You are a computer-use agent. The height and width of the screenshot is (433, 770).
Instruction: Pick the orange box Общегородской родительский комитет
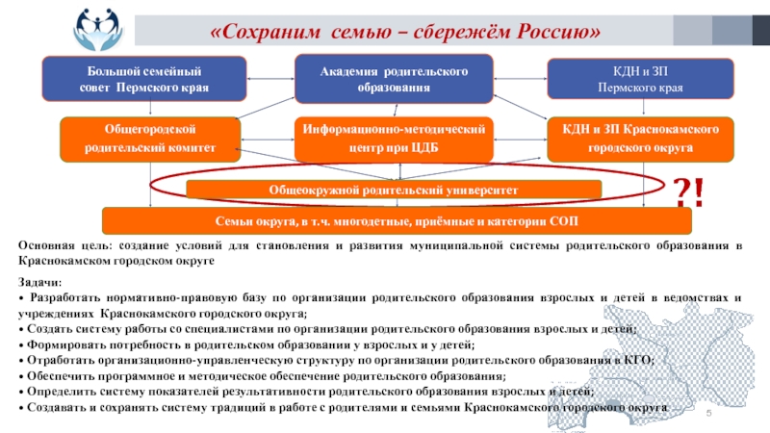[x=148, y=139]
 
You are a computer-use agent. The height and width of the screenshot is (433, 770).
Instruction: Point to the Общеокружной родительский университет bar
[x=393, y=190]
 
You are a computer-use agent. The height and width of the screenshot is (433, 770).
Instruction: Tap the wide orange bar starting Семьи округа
[x=397, y=221]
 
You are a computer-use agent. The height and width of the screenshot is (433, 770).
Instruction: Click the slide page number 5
[x=708, y=412]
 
